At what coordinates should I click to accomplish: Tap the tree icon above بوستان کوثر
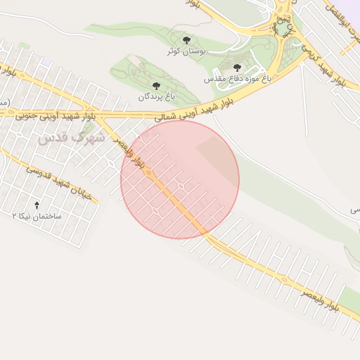(x=186, y=40)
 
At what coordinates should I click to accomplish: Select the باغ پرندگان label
(x=155, y=96)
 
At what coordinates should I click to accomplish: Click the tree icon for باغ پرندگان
(x=155, y=85)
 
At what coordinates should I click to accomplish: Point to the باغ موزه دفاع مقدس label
(x=233, y=79)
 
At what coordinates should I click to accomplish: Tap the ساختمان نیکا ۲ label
(x=37, y=216)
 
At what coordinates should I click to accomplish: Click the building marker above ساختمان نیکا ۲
(x=37, y=205)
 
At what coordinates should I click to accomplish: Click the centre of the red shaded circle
(x=180, y=179)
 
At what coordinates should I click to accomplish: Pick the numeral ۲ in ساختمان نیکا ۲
(x=15, y=216)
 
